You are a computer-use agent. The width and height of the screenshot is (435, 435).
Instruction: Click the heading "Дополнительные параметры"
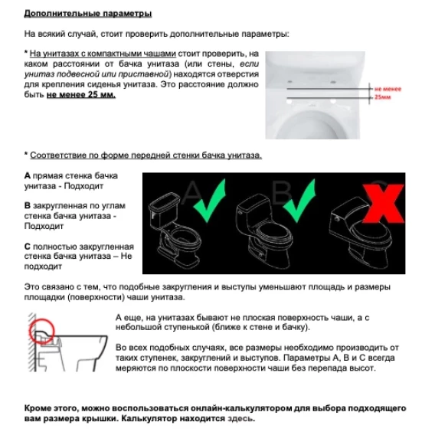(87, 13)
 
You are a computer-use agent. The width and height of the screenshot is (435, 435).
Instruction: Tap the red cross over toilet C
(384, 203)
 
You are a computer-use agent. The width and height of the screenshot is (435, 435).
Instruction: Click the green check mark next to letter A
(210, 201)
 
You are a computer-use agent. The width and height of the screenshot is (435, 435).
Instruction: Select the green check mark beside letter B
(300, 201)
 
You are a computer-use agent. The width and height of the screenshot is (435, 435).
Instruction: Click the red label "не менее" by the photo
(388, 89)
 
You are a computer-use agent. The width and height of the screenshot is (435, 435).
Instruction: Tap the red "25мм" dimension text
(383, 97)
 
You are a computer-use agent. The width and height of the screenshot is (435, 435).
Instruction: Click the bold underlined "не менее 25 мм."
(81, 95)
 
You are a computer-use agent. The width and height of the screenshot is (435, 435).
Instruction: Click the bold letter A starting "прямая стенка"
(28, 175)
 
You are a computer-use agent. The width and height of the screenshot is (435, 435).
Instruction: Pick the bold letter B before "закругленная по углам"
(28, 205)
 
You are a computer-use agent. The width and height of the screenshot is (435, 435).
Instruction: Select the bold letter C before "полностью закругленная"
(28, 247)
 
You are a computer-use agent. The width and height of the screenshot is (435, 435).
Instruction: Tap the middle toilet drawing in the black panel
(263, 231)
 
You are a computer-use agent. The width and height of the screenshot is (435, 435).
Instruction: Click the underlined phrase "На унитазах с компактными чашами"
(103, 54)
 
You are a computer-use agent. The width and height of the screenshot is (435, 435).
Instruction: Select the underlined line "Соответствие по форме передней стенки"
(146, 155)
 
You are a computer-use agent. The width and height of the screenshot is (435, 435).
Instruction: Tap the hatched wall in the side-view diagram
(32, 342)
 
